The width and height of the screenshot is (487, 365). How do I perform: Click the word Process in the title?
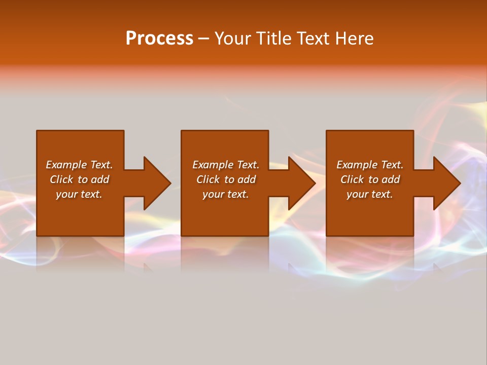(159, 39)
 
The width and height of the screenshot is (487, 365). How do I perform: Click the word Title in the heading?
(273, 39)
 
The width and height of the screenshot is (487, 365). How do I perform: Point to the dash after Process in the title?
(203, 39)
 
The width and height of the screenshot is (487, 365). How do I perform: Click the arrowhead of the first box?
(156, 183)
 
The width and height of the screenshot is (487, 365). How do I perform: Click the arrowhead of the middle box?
(301, 183)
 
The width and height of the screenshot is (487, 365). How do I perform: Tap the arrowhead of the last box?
(446, 183)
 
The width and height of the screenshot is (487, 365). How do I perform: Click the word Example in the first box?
(66, 165)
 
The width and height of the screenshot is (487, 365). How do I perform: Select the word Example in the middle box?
(213, 165)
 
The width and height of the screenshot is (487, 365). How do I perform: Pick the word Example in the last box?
(357, 165)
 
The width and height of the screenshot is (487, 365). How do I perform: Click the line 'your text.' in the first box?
(79, 194)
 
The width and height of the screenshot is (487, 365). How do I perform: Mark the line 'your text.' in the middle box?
(225, 194)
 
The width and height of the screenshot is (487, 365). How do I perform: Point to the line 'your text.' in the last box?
(369, 194)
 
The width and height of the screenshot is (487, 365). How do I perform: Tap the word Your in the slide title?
(232, 39)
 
